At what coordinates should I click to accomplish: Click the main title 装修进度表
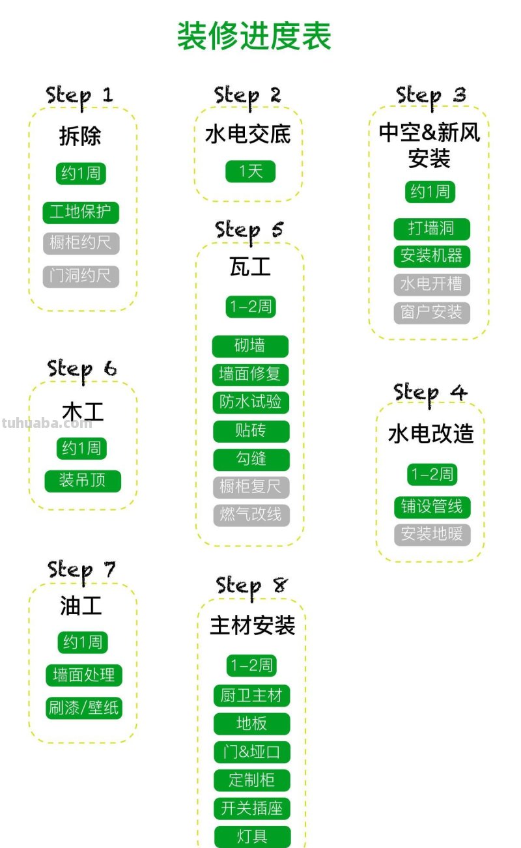pos(254,36)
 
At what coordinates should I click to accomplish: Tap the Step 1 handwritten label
pos(79,95)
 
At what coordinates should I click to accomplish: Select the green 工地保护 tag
pos(81,212)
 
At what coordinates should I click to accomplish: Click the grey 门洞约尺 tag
pos(81,276)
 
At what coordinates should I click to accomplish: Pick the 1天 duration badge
pos(250,171)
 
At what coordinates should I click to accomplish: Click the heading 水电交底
pos(247,134)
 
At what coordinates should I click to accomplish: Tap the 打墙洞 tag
pos(431,229)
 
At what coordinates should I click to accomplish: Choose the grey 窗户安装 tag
pos(431,313)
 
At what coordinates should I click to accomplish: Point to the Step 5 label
pos(250,230)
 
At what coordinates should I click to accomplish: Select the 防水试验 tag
pos(250,403)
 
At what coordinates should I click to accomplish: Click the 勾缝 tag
pos(251,459)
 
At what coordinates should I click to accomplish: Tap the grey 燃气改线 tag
pos(251,515)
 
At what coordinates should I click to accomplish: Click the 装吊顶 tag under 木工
pos(82,481)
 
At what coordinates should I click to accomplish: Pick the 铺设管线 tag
pos(432,507)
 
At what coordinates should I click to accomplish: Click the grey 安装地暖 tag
pos(432,535)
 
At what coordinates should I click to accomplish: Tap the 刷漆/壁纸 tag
pos(83,708)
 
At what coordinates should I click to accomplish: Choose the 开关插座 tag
pos(251,808)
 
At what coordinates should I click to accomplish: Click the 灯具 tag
pos(251,836)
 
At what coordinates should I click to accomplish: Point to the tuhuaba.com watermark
pos(47,423)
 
